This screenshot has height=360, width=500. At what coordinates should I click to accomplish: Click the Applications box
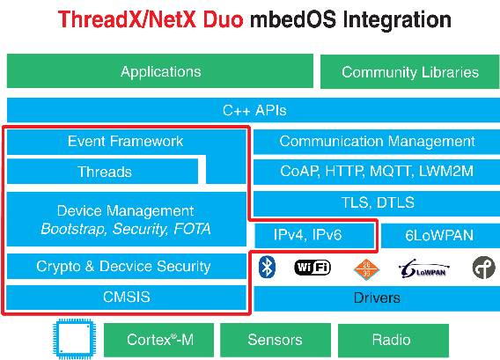159,70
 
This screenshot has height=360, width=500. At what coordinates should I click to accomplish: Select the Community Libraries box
409,72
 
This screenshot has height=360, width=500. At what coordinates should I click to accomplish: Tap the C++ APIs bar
254,110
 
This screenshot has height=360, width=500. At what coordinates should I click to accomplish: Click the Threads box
102,172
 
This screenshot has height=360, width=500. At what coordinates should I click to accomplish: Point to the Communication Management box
377,142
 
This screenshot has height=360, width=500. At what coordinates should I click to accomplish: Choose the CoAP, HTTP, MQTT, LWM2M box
377,172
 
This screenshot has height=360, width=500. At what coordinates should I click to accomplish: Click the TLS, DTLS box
377,202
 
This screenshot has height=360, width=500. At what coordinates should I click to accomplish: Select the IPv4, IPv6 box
314,235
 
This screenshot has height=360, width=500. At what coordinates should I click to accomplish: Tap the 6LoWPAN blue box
440,235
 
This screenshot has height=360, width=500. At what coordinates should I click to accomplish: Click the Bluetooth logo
267,268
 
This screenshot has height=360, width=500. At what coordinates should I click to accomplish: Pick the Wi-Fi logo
312,268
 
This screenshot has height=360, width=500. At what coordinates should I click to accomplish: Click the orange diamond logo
366,269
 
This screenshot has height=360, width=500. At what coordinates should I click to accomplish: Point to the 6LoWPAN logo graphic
423,268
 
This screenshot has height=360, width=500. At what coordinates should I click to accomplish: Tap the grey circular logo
484,268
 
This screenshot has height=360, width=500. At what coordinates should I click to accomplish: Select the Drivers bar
377,298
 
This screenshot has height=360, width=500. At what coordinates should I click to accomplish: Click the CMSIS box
126,298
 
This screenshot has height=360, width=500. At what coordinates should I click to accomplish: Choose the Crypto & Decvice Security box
126,266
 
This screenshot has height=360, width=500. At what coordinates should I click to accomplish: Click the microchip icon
74,339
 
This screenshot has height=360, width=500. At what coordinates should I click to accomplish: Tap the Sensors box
276,340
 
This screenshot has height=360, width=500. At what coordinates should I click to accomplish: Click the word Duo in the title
223,19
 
